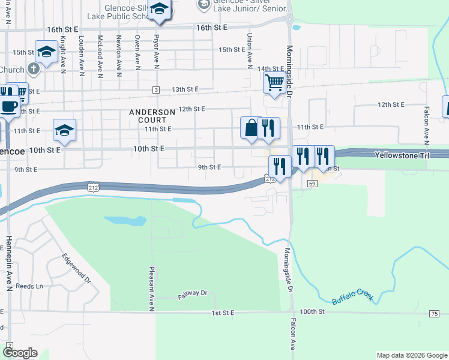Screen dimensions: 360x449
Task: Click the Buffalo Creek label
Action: point(353,295)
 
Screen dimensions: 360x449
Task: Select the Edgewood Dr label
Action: point(76,268)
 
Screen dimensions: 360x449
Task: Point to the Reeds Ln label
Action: point(30,286)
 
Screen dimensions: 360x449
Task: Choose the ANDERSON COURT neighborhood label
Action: point(152,116)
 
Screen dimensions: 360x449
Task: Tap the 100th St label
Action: point(312,312)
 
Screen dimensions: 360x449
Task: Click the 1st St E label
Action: point(221,313)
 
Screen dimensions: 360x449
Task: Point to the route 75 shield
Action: point(434,314)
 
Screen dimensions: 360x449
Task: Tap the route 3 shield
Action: point(156,90)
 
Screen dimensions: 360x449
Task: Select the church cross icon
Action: point(33,67)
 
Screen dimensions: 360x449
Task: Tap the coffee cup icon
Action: point(8,107)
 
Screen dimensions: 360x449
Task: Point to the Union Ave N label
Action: point(248,50)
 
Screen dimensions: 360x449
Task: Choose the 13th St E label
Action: point(185,89)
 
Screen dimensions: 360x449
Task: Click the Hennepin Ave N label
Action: point(9,264)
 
